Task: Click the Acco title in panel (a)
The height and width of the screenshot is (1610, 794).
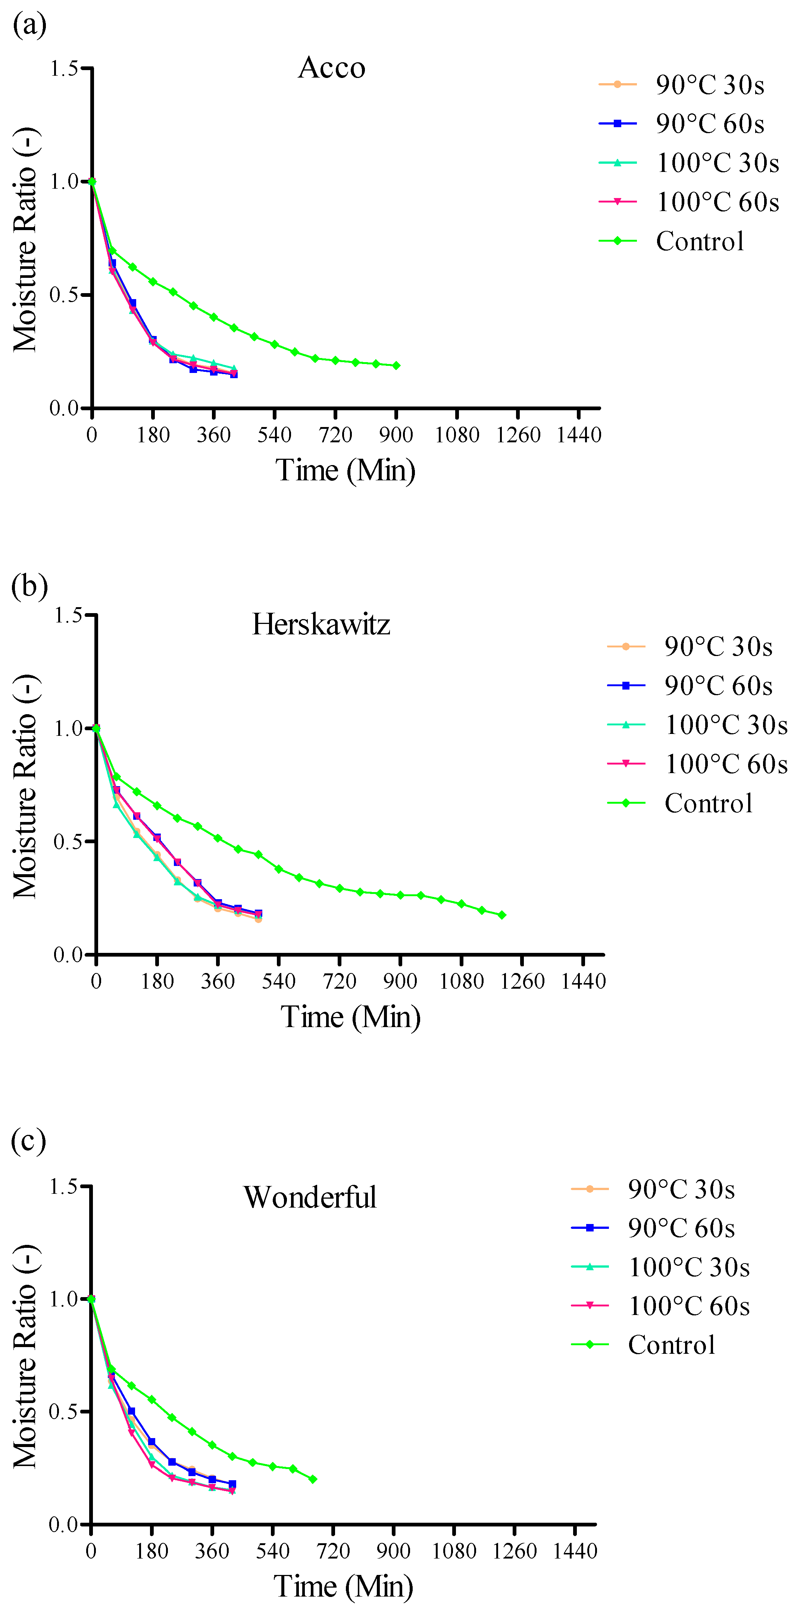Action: (x=331, y=68)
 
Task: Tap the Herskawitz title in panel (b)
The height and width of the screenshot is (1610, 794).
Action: (x=321, y=624)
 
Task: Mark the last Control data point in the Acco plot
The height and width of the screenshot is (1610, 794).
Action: (x=396, y=365)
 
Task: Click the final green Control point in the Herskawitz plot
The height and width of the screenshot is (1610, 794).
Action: (x=502, y=915)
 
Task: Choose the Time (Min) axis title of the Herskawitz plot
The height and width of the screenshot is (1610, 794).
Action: (x=350, y=1017)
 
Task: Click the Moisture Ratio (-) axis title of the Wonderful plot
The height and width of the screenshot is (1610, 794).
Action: (x=25, y=1357)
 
